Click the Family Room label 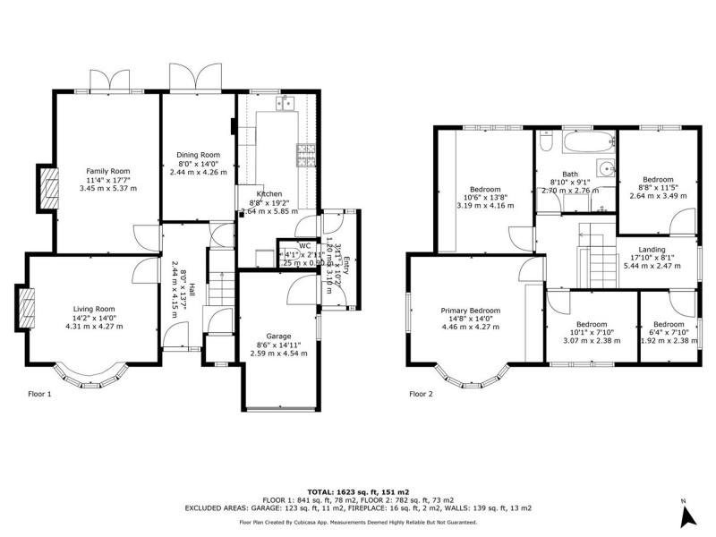coord(107,171)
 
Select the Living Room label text coord(94,309)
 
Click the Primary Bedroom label coord(470,311)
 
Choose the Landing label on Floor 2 coord(652,249)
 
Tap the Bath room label coord(570,175)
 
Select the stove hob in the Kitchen coord(307,156)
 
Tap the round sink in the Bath coord(607,166)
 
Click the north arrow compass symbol coord(686,514)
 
